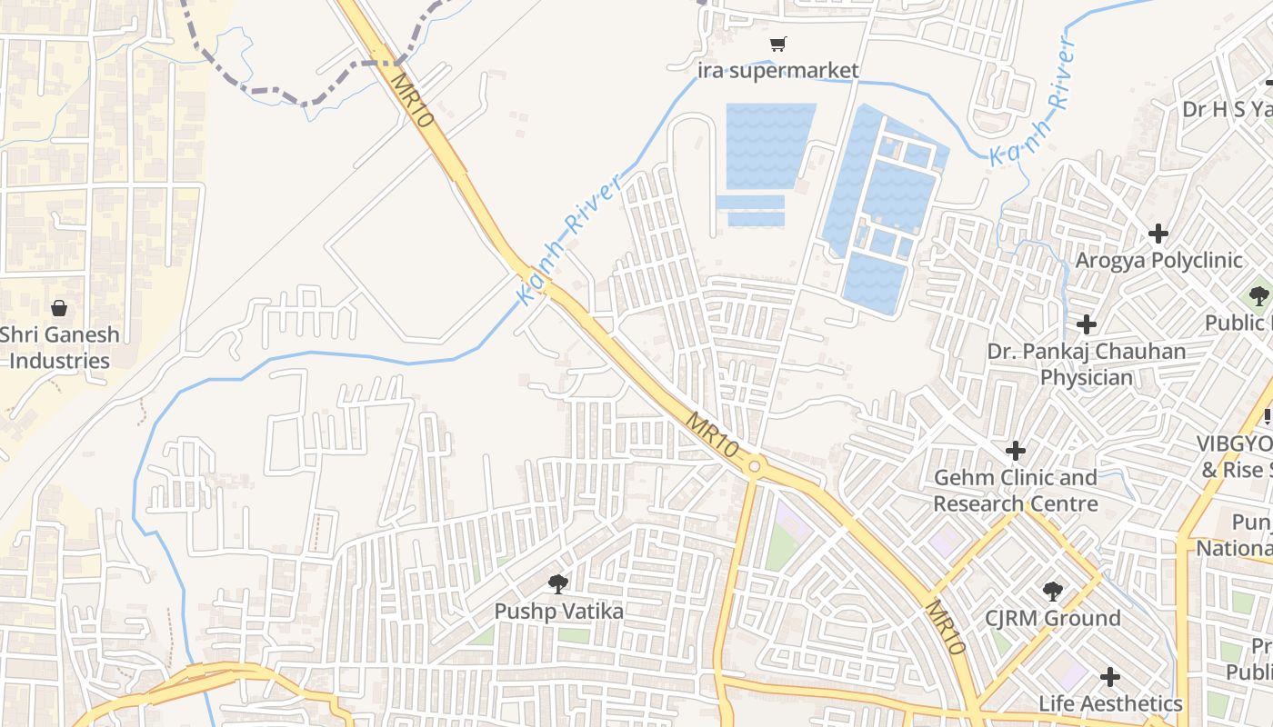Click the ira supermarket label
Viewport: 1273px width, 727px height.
[777, 70]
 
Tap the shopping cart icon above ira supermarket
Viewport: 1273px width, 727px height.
[777, 44]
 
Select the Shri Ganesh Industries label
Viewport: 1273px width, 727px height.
[59, 347]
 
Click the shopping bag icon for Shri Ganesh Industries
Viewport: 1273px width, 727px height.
[59, 308]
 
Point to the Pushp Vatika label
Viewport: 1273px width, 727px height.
[558, 612]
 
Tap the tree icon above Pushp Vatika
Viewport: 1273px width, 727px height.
[558, 584]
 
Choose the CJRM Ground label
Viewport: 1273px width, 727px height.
[1052, 618]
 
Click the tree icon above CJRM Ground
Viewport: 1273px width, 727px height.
[1052, 592]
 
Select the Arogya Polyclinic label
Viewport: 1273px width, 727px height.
[1158, 260]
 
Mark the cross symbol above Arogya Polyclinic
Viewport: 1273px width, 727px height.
[1158, 234]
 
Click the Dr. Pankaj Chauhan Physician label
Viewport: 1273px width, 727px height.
[1087, 363]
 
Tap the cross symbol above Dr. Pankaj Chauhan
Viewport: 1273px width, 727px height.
[1087, 324]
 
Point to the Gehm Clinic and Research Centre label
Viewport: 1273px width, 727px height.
[1016, 490]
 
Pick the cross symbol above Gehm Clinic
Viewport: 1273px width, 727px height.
[1016, 450]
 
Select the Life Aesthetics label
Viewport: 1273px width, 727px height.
[1110, 703]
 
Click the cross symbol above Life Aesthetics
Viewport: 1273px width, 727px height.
[1110, 677]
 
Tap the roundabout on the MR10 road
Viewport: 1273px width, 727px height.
[755, 467]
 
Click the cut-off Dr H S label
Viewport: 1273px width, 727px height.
[1227, 109]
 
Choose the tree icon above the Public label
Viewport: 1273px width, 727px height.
[1258, 296]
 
